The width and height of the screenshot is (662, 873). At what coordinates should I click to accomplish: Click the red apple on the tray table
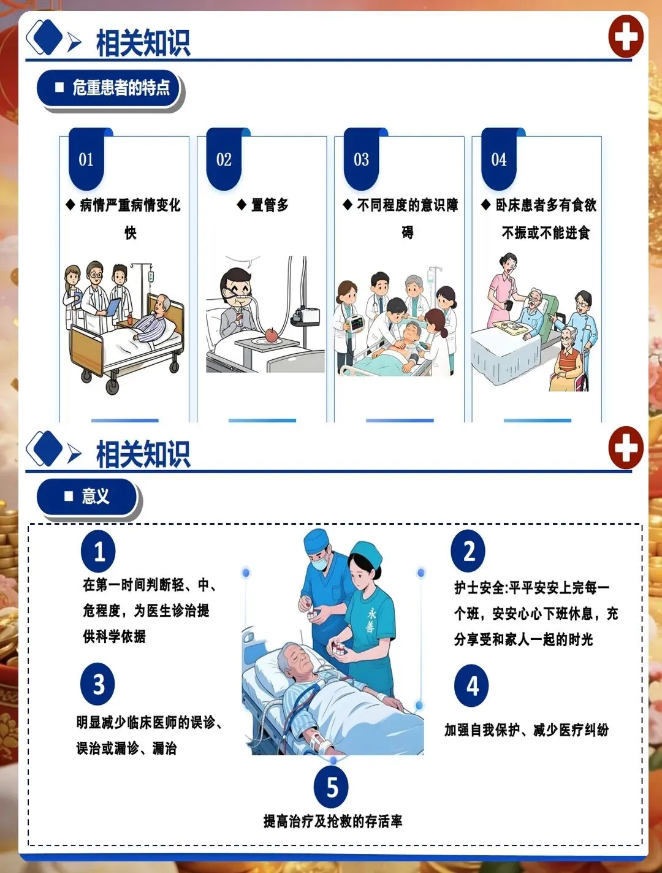[272, 335]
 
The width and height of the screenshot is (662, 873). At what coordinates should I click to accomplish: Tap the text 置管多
[270, 205]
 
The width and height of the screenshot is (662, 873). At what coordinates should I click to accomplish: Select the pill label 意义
[87, 497]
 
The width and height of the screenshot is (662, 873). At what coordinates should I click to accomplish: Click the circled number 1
[98, 551]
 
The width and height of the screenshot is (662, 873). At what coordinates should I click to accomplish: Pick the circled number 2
[468, 551]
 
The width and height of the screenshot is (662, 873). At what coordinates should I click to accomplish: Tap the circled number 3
[97, 684]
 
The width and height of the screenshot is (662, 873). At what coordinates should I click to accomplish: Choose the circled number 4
[471, 685]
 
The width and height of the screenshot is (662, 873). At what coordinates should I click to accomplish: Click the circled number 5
[331, 787]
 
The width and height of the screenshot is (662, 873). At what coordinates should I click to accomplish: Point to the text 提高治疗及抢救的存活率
[333, 821]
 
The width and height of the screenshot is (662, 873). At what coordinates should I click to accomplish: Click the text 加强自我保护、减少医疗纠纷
[527, 730]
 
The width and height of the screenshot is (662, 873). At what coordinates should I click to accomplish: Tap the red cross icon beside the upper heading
[626, 37]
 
